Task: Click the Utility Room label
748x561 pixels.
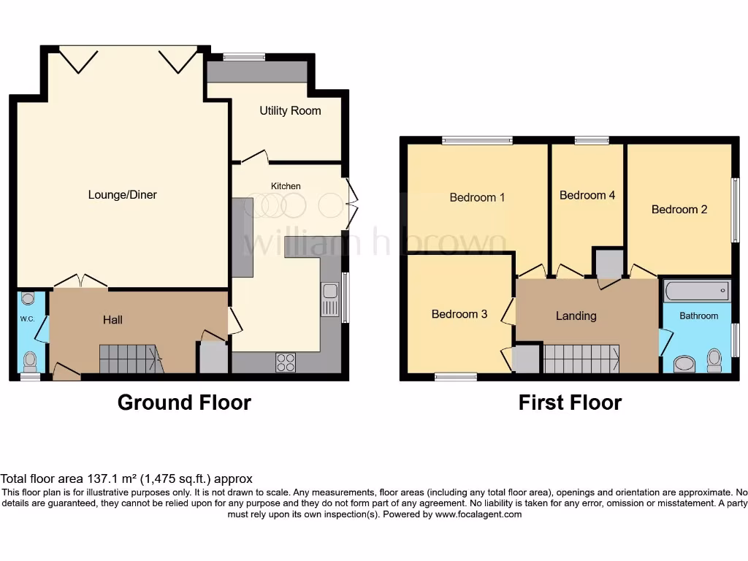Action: tap(290, 111)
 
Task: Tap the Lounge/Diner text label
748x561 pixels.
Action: tap(123, 195)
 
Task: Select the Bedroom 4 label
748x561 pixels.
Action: tap(587, 195)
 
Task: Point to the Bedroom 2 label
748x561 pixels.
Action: tap(679, 210)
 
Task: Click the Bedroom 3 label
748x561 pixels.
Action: tap(459, 314)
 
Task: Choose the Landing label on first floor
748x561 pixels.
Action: tap(576, 316)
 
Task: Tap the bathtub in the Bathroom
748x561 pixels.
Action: tap(696, 291)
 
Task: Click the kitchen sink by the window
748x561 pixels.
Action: tap(329, 299)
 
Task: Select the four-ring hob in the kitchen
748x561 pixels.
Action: tap(286, 362)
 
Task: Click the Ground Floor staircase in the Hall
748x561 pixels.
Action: tap(130, 359)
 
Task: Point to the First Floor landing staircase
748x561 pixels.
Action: tap(581, 359)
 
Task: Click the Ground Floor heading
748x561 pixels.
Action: tap(184, 402)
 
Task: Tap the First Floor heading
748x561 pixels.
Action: tap(570, 402)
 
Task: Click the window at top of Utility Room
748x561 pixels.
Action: tap(244, 56)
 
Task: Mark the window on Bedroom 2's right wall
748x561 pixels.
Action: tap(736, 210)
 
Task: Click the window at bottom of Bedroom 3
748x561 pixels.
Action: tap(455, 377)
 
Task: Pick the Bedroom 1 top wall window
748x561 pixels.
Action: tap(477, 140)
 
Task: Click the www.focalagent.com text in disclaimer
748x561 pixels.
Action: tap(478, 514)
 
